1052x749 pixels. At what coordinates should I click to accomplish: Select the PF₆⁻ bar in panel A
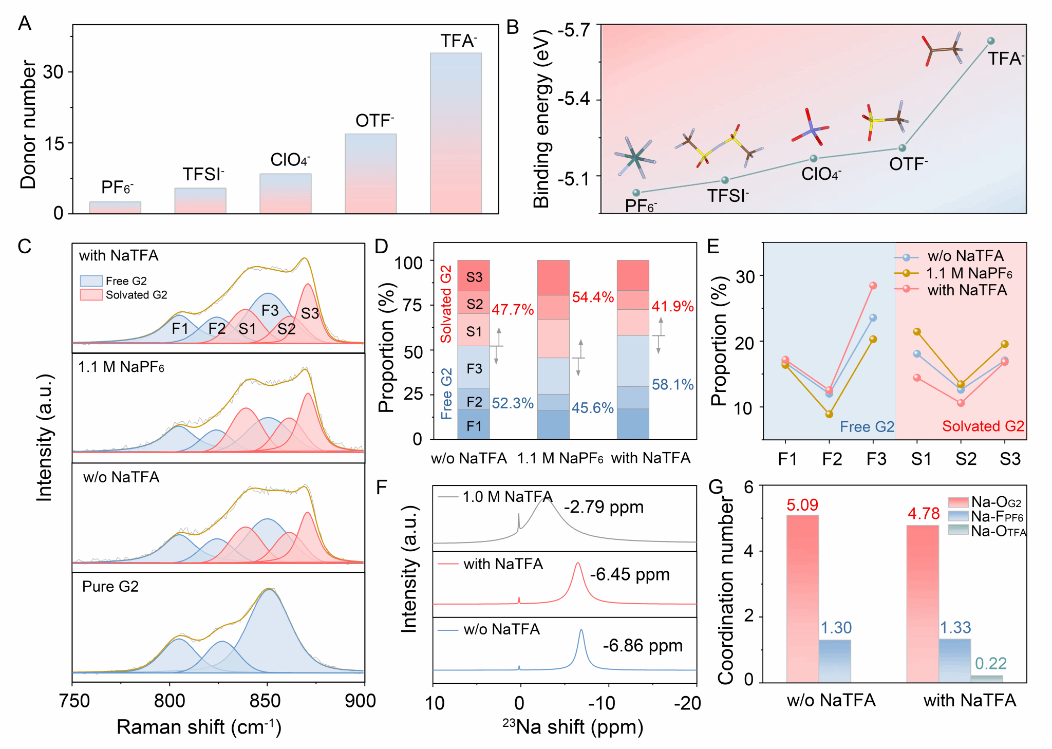(115, 208)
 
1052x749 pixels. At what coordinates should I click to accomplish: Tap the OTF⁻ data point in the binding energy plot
(902, 148)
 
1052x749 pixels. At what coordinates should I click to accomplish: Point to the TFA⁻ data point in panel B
(991, 41)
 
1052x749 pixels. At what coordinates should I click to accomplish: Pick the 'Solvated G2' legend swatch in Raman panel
(91, 295)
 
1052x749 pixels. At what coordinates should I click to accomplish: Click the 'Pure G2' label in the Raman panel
(110, 587)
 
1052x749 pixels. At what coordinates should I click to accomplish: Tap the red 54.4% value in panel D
(593, 297)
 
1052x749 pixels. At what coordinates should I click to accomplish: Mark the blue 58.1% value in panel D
(672, 384)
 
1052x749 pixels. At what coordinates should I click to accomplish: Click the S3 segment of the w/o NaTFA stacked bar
(474, 276)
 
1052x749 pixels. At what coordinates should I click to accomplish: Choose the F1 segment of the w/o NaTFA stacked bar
(474, 425)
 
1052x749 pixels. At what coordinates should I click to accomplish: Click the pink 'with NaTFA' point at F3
(873, 286)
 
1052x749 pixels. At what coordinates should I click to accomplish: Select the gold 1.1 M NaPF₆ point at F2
(829, 414)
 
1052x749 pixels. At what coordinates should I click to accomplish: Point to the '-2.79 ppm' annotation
(604, 507)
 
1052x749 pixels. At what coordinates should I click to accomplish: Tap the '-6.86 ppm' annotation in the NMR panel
(643, 645)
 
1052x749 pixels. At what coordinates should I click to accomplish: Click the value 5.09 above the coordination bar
(802, 505)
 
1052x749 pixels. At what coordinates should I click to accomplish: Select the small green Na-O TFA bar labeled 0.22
(987, 679)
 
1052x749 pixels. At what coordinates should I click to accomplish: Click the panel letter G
(715, 487)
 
